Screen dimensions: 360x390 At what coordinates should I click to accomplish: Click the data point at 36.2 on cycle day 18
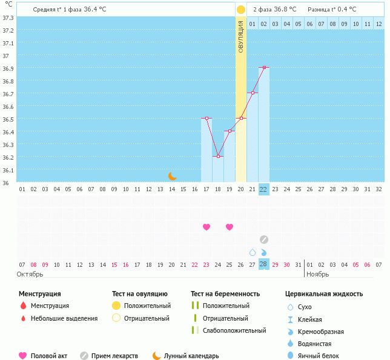tap(218, 156)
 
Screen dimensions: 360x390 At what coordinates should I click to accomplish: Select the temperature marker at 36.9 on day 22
tap(264, 67)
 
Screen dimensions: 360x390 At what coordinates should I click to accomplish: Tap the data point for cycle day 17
tap(207, 118)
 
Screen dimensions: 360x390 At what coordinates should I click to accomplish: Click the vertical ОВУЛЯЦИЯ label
tap(240, 37)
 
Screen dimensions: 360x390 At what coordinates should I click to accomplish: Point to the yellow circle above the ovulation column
tap(240, 10)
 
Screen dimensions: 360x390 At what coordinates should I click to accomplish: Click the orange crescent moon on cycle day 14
tap(172, 175)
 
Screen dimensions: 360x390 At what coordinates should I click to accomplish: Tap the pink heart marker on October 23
tap(207, 227)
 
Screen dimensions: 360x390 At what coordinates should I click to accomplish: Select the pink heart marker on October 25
tap(230, 227)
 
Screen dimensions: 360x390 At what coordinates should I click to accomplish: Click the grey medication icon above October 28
tap(264, 240)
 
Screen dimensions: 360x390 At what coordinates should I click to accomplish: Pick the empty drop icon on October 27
tap(253, 252)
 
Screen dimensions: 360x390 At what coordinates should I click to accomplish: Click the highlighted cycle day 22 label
tap(263, 189)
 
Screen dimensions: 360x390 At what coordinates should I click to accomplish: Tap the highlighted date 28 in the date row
tap(263, 264)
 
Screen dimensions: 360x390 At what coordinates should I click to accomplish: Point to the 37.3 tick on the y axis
tap(8, 18)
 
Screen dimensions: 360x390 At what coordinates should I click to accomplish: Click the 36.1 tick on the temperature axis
tap(8, 170)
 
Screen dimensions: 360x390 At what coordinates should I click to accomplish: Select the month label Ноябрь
tap(317, 274)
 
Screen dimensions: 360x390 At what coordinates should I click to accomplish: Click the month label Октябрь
tap(30, 274)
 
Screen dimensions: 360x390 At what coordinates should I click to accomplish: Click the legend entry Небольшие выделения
tap(64, 318)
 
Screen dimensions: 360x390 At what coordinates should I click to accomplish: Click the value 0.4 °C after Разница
tap(346, 10)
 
